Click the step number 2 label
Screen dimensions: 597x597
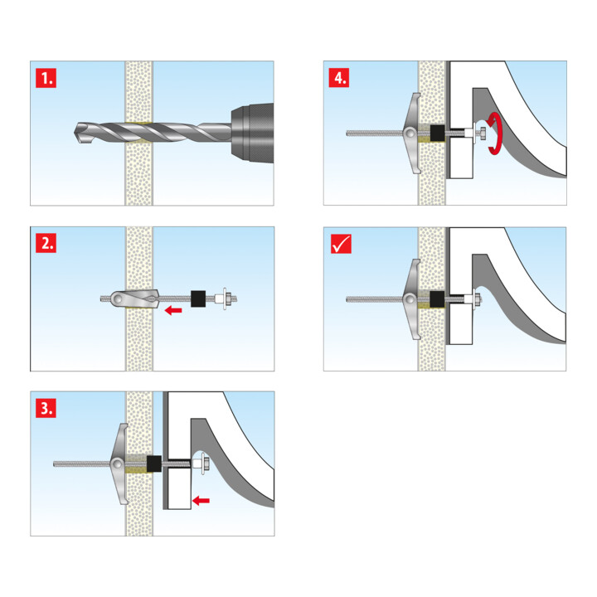click(x=47, y=244)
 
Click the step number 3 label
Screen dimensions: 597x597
click(x=47, y=408)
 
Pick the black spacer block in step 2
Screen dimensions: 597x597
click(x=198, y=298)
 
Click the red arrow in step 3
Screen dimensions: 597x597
click(x=199, y=500)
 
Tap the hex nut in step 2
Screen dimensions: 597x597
click(x=223, y=298)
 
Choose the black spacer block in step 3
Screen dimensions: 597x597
click(x=154, y=462)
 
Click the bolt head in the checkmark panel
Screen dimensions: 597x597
click(x=478, y=298)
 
